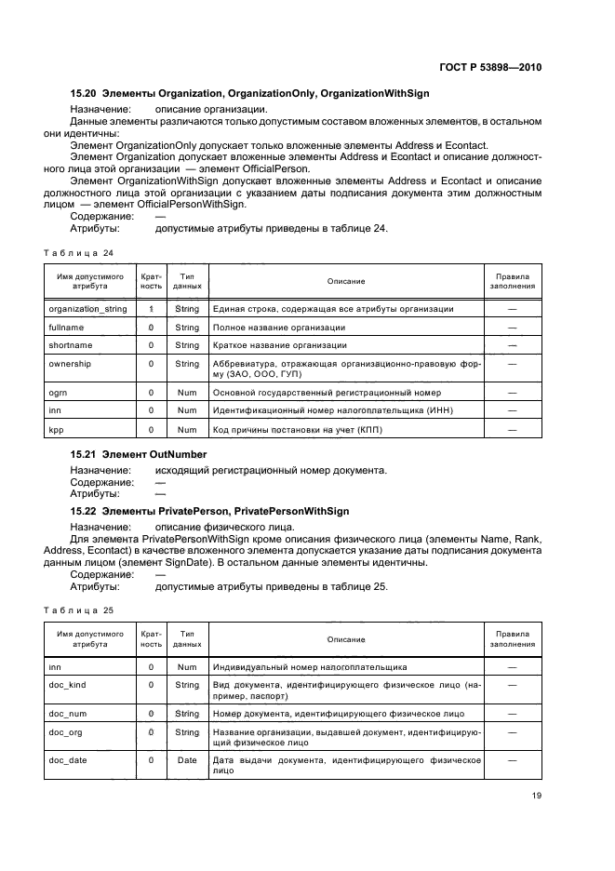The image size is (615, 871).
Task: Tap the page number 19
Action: click(536, 794)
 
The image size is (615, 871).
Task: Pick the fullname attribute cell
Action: click(66, 328)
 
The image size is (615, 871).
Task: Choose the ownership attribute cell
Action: click(70, 364)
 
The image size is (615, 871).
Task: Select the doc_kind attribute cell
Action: click(68, 685)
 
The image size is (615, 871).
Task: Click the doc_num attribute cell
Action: click(69, 714)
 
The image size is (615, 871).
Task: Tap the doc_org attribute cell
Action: click(67, 732)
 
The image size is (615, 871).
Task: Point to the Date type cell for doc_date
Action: click(187, 760)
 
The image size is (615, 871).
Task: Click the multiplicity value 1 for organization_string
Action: click(151, 309)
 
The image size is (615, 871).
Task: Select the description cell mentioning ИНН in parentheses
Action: click(346, 411)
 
